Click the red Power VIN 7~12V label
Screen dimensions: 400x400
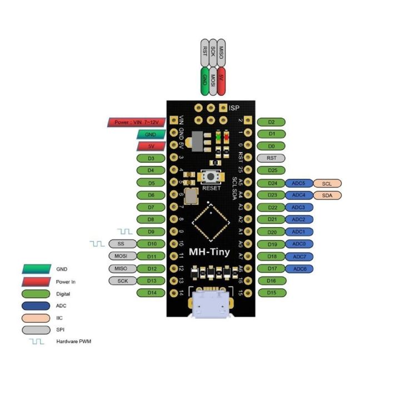[137, 122]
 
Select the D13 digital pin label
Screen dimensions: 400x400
[151, 281]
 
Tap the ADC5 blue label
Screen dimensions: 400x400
[298, 183]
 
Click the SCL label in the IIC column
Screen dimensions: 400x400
[327, 183]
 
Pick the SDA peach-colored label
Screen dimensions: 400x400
[327, 195]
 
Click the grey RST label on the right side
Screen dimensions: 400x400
[272, 158]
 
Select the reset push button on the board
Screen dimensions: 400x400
[212, 177]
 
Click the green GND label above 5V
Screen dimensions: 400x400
[151, 134]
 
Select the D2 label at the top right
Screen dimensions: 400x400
[272, 122]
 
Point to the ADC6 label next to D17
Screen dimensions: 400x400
[299, 269]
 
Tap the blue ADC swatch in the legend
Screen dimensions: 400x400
[37, 305]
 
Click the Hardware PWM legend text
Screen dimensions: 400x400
[73, 341]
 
